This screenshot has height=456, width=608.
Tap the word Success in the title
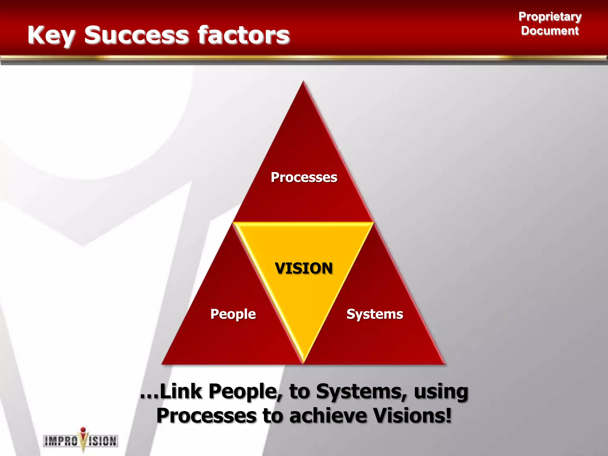pos(136,35)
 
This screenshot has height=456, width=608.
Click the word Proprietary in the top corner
pos(550,17)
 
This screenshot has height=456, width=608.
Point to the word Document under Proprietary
pos(550,31)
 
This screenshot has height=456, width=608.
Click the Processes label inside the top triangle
pos(304,177)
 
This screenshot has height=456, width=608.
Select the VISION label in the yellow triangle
pos(304,268)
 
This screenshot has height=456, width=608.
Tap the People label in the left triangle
pos(233,314)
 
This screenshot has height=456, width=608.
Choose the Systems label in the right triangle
pos(375,314)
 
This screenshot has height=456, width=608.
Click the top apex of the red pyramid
pos(303,82)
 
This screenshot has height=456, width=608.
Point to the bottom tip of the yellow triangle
pos(303,362)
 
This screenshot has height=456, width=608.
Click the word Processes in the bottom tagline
pos(206,416)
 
